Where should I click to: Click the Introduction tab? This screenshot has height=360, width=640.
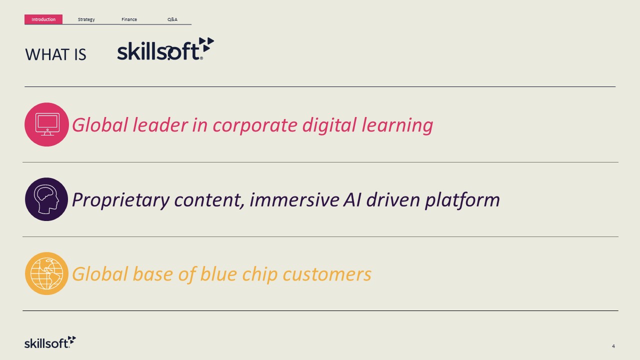click(43, 19)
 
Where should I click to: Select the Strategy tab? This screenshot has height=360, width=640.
click(86, 19)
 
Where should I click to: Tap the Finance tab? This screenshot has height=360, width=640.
click(129, 19)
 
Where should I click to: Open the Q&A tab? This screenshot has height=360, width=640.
click(172, 19)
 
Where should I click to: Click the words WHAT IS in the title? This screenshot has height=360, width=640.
click(55, 54)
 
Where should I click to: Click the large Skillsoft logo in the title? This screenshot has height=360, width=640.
click(165, 49)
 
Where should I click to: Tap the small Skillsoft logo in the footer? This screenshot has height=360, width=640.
click(50, 342)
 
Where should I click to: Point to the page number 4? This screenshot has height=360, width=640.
click(613, 346)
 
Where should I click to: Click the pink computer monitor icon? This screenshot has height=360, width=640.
click(46, 124)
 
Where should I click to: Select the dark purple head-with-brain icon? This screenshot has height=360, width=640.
click(46, 199)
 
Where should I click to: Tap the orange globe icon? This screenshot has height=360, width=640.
click(46, 273)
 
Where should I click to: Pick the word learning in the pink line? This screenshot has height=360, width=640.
click(397, 126)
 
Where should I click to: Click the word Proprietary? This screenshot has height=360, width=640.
click(121, 200)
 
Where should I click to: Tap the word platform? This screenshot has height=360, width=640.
click(462, 200)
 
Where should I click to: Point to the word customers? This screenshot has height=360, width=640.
click(327, 274)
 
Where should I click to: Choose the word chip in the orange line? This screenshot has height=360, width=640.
click(259, 274)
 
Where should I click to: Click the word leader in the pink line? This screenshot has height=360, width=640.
click(160, 125)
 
